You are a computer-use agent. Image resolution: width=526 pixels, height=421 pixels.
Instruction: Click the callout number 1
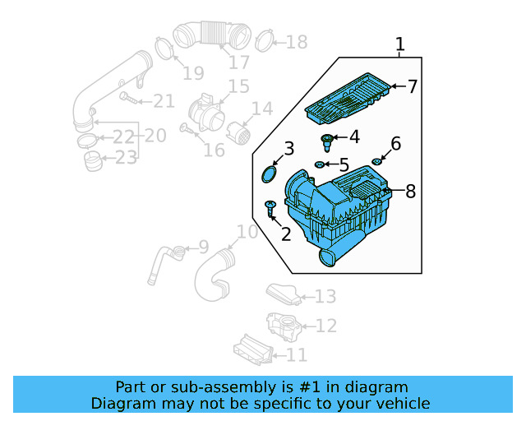point(400,44)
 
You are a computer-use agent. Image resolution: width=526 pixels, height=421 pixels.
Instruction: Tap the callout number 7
point(413,86)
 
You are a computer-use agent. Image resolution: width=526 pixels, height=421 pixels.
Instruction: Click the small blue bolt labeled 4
point(330,141)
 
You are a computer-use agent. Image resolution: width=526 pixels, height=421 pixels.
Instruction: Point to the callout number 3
point(288,149)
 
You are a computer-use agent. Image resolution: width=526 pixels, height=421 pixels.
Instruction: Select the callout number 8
point(410,192)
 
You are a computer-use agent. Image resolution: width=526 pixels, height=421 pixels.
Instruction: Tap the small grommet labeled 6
point(377,160)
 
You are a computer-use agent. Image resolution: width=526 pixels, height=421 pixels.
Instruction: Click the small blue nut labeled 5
point(318,165)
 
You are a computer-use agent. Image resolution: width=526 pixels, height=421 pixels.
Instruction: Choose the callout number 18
point(296,42)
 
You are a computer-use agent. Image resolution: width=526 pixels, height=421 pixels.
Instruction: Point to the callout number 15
point(238,86)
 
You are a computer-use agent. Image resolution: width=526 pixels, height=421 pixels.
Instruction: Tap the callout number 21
point(164,101)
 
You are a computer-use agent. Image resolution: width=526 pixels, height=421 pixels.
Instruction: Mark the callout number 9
point(203,247)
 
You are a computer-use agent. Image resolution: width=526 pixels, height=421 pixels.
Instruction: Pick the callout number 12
point(325,326)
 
